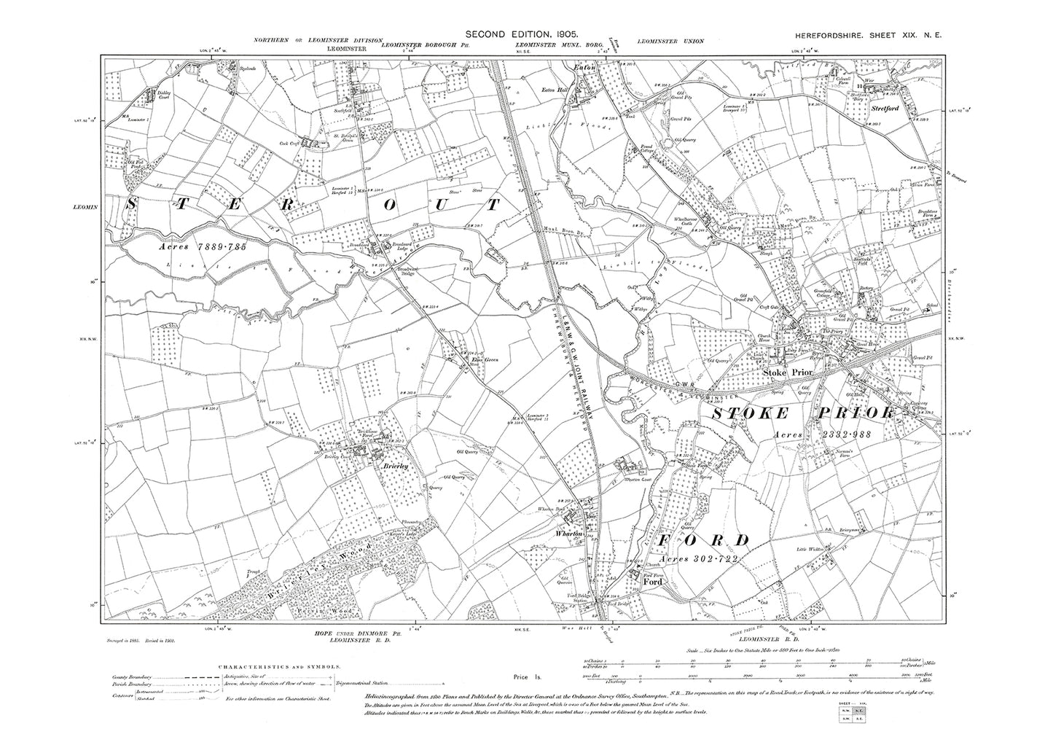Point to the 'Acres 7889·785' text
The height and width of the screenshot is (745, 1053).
tap(203, 248)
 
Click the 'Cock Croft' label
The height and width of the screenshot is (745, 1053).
tap(289, 143)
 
